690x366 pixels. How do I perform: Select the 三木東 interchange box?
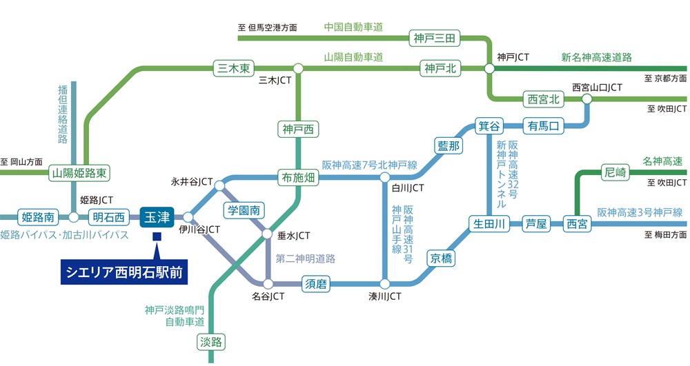pyautogui.click(x=233, y=68)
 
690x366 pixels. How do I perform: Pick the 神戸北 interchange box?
pyautogui.click(x=440, y=68)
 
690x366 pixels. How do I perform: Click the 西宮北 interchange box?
pyautogui.click(x=543, y=99)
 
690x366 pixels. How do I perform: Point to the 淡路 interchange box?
pyautogui.click(x=213, y=342)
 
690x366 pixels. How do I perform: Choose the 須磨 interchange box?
pyautogui.click(x=318, y=283)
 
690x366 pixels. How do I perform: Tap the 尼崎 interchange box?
pyautogui.click(x=615, y=172)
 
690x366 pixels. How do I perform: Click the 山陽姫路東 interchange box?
pyautogui.click(x=81, y=173)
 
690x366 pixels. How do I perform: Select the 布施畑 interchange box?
pyautogui.click(x=297, y=176)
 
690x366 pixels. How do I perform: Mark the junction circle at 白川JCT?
pyautogui.click(x=385, y=177)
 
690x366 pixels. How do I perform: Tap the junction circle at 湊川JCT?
pyautogui.click(x=385, y=283)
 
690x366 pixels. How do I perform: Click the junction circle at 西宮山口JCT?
pyautogui.click(x=587, y=99)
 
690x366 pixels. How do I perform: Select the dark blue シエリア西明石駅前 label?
pyautogui.click(x=124, y=272)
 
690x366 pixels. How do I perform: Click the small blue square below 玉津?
pyautogui.click(x=157, y=238)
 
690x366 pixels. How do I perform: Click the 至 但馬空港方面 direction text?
pyautogui.click(x=268, y=28)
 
